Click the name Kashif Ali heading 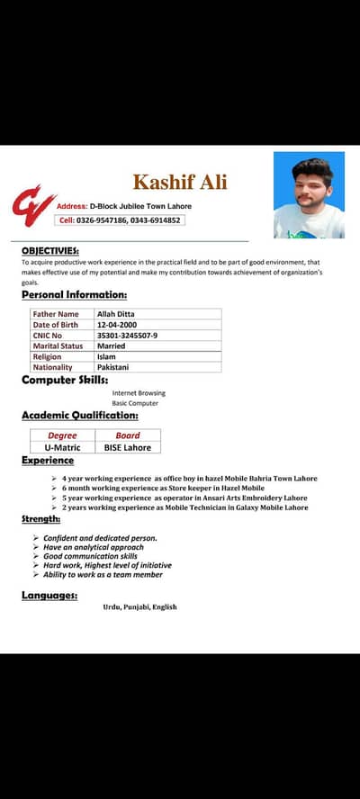[180, 183]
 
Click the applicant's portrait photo [309, 195]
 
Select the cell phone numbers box [120, 220]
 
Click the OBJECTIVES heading [49, 250]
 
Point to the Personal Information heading [74, 294]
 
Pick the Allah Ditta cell [115, 314]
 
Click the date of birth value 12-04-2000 [118, 325]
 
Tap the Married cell [111, 346]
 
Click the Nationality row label [53, 367]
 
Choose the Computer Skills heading [65, 380]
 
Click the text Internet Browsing [139, 393]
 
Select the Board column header [128, 435]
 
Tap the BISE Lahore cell [128, 447]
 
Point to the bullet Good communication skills [90, 556]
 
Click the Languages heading [49, 595]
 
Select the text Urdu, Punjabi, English [139, 607]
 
